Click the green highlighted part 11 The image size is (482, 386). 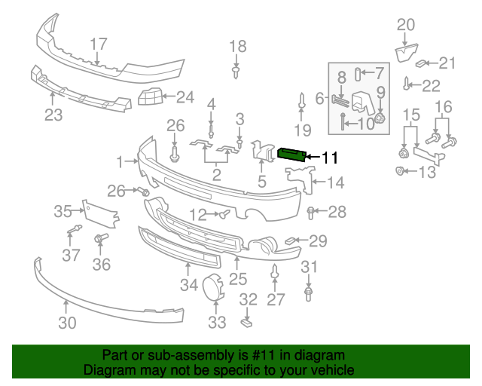click(293, 154)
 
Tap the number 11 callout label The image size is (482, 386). click(330, 158)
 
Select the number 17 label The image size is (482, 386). click(99, 44)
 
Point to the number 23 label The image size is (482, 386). click(53, 115)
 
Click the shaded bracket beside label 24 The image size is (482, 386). click(150, 97)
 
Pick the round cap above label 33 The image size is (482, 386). click(212, 287)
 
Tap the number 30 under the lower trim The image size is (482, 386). click(67, 323)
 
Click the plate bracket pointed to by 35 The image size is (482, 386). click(100, 214)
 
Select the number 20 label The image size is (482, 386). click(405, 25)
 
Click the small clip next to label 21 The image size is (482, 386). click(423, 63)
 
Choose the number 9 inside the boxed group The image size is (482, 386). click(380, 93)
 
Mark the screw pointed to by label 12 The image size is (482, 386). click(224, 215)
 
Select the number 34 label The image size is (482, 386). click(188, 285)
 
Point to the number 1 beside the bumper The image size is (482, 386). click(120, 161)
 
